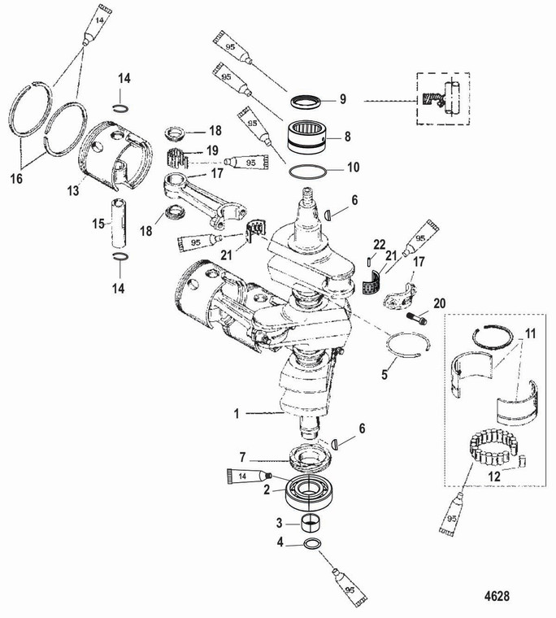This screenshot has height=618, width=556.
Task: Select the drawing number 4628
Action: [493, 595]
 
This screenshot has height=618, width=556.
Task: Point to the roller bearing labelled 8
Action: [306, 136]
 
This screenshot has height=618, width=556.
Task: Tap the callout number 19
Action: [211, 150]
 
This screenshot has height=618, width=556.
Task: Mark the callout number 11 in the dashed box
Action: [531, 333]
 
